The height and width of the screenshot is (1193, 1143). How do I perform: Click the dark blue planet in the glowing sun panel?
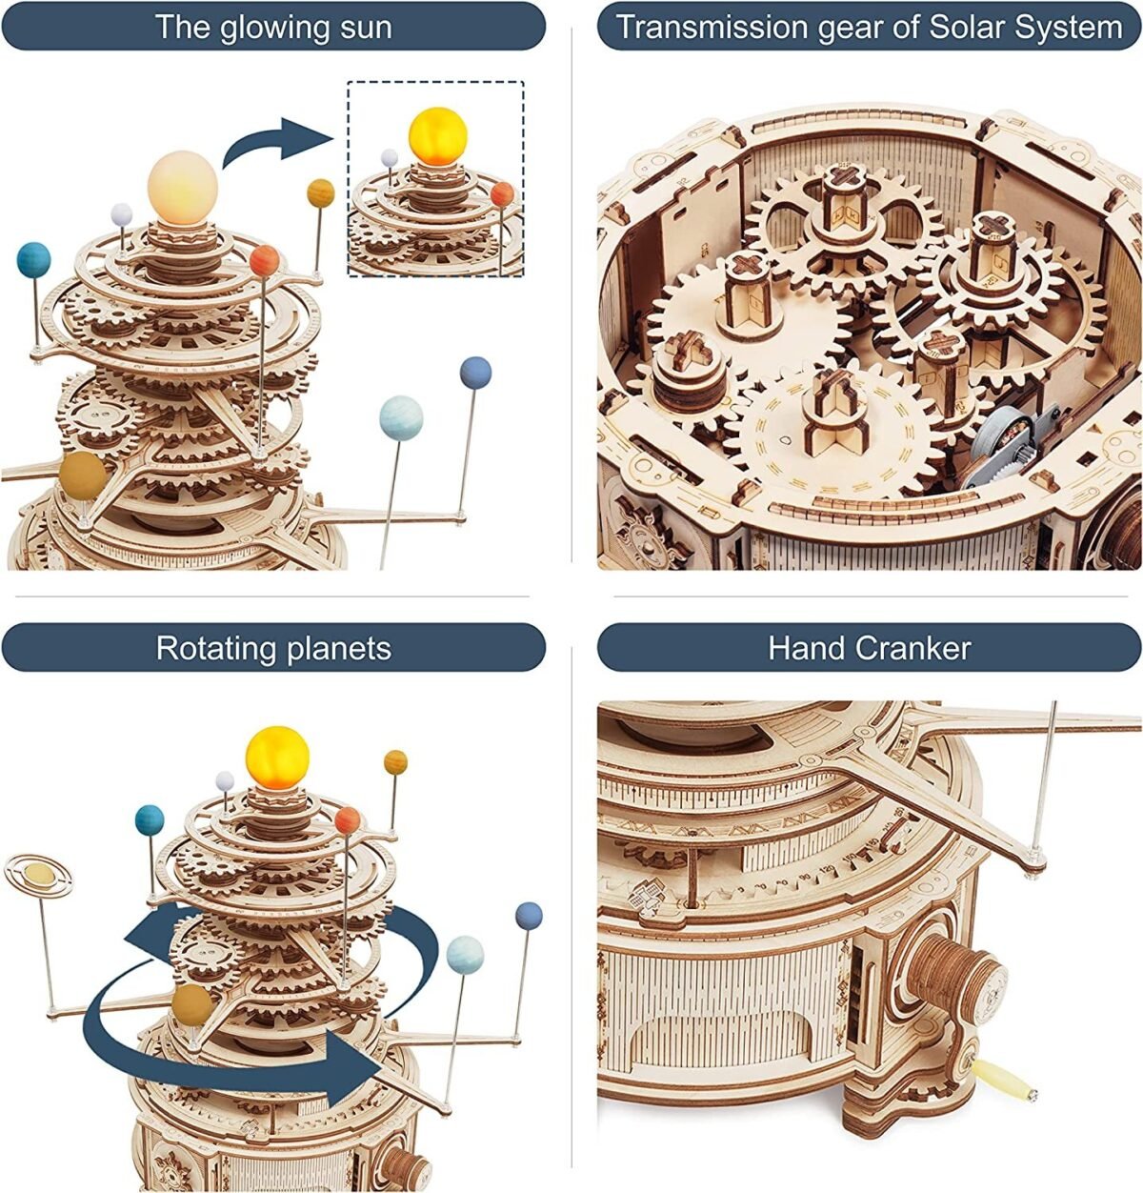tap(474, 373)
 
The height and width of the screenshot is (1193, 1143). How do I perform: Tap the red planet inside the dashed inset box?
tap(502, 194)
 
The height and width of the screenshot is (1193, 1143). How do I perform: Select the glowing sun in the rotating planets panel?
tap(277, 754)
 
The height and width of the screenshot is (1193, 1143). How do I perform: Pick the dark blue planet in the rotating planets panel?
tap(528, 916)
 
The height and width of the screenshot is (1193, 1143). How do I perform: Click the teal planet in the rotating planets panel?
tap(150, 819)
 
